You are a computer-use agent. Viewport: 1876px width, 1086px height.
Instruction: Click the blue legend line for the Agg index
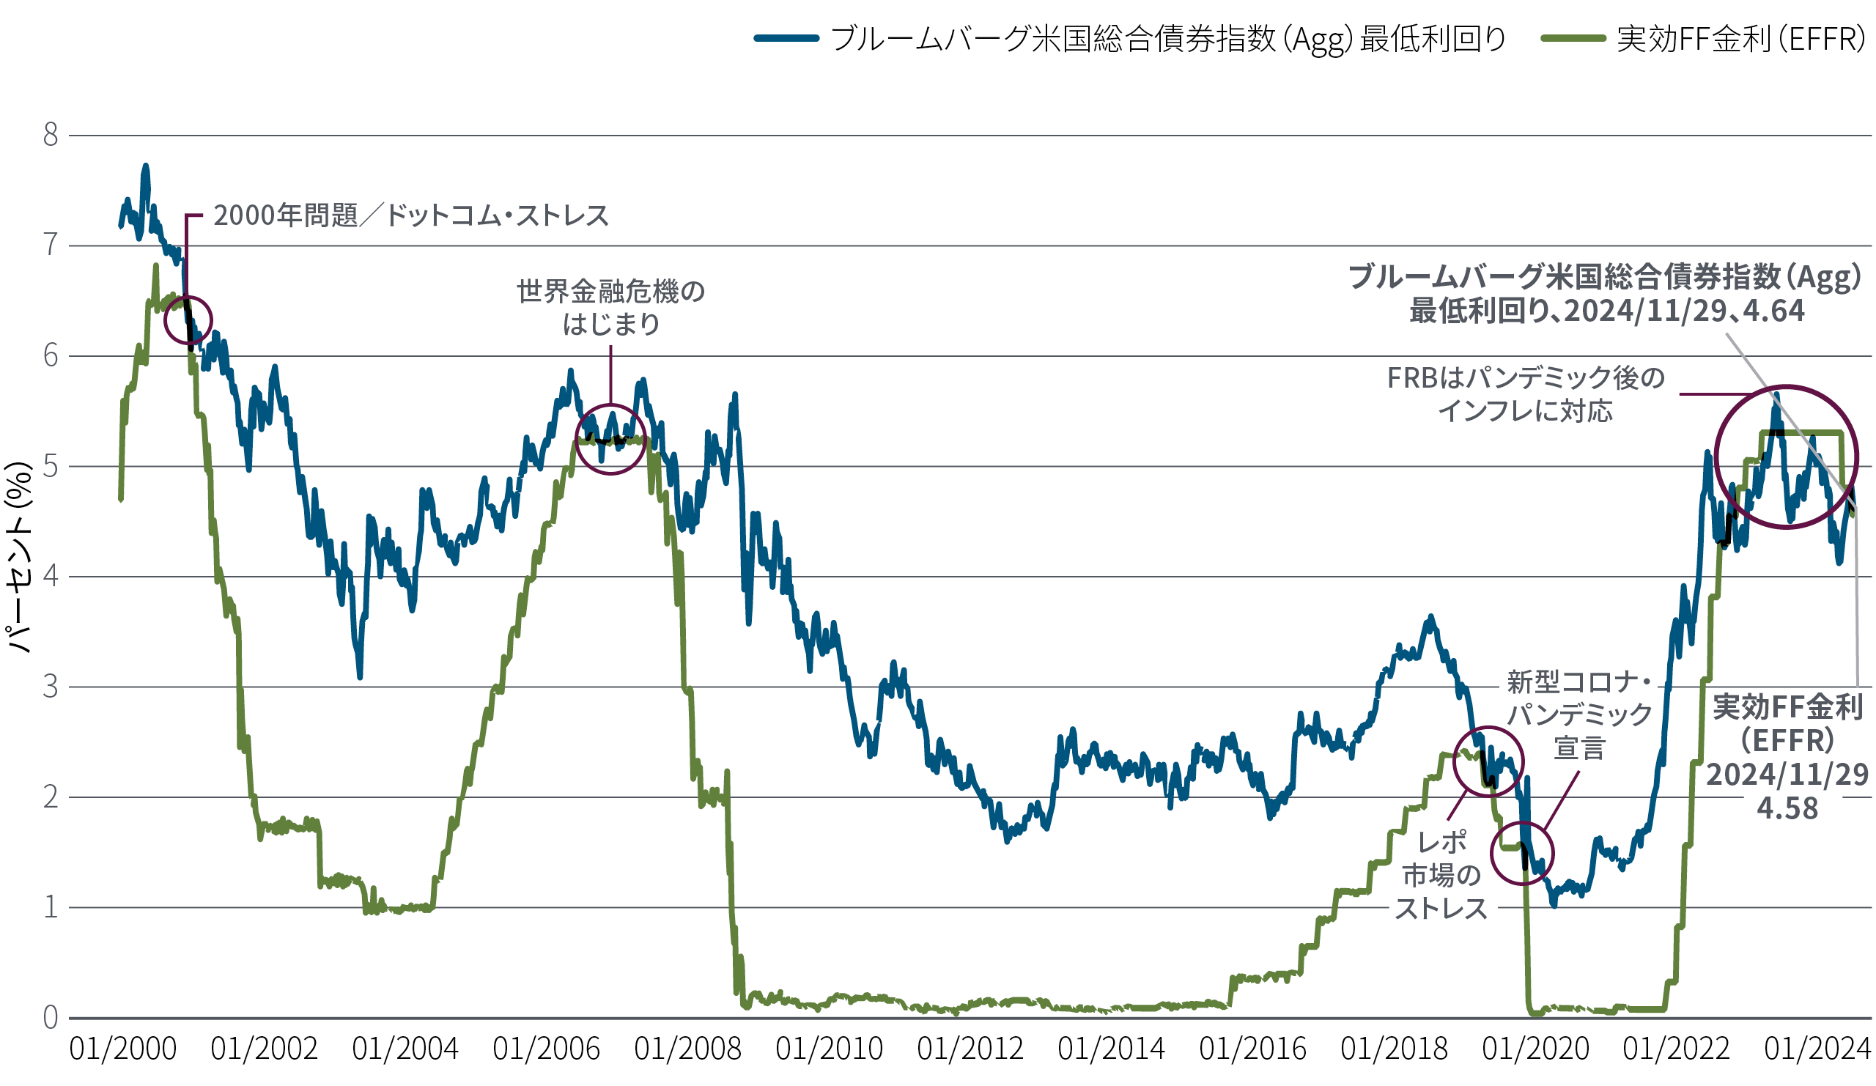point(786,38)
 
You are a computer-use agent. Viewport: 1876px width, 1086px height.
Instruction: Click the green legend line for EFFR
point(1573,38)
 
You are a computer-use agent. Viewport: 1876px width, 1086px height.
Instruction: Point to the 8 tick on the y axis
point(50,135)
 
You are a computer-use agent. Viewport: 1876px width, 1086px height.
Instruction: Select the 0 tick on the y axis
point(50,1017)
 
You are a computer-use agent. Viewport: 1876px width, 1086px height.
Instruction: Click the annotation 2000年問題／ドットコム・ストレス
point(411,216)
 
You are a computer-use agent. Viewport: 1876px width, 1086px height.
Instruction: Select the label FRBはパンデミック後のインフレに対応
point(1526,394)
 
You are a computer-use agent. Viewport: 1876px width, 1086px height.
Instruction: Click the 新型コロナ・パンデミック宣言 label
point(1580,714)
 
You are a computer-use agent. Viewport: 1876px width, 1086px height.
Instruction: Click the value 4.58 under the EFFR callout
point(1787,808)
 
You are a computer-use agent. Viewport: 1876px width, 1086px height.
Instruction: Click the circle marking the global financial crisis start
point(610,440)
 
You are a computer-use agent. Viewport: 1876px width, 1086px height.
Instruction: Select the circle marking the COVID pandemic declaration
point(1522,853)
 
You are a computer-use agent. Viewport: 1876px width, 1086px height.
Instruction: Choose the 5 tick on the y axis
point(50,467)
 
